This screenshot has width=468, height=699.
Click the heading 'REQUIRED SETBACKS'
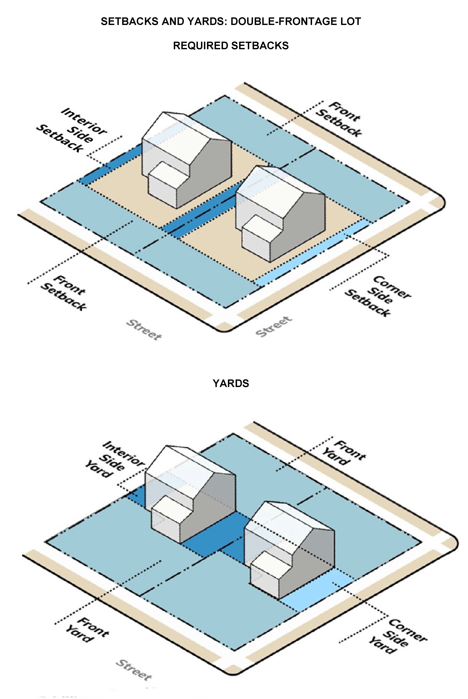click(x=231, y=46)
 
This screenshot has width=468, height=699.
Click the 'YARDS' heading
click(x=231, y=383)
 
